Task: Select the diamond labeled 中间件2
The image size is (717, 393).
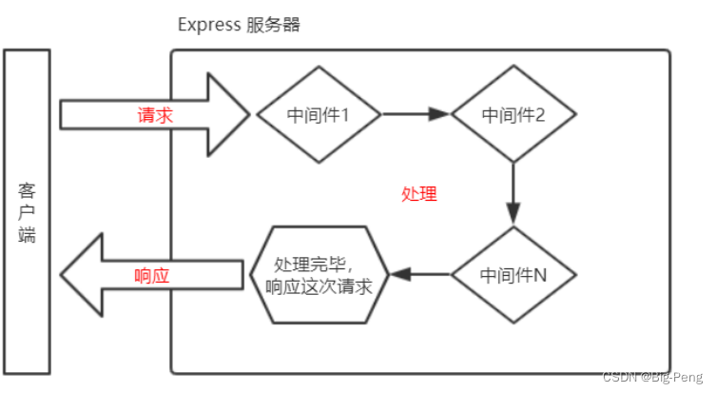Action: click(x=514, y=114)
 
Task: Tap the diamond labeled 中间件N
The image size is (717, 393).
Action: click(x=514, y=275)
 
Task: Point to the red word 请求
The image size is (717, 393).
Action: click(x=154, y=114)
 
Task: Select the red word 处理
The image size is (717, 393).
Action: click(x=418, y=194)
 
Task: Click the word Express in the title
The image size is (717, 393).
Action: click(x=208, y=25)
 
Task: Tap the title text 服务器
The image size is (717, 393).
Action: click(x=274, y=25)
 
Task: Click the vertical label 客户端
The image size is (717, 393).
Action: click(x=27, y=210)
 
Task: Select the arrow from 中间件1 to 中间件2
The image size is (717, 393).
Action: click(x=417, y=114)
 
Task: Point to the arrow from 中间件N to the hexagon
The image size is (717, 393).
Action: click(x=419, y=275)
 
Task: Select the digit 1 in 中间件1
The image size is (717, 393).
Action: click(x=344, y=115)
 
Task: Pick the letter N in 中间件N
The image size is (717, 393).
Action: click(x=540, y=276)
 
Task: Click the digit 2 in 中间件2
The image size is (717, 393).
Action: click(x=540, y=115)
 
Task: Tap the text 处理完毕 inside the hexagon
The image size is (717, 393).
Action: click(x=304, y=265)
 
